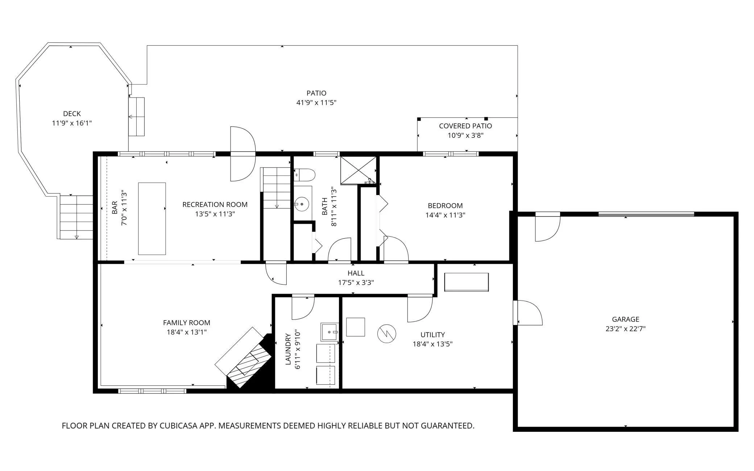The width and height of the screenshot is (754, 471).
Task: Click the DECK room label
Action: [x=72, y=114]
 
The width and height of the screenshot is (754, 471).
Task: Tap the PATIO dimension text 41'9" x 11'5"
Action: [x=316, y=103]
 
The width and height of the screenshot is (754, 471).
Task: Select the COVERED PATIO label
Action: [x=465, y=126]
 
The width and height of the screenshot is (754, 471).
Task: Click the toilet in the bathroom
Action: [x=304, y=175]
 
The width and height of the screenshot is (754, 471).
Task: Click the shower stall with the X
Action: [x=359, y=170]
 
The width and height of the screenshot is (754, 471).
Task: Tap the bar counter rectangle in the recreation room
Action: [x=152, y=219]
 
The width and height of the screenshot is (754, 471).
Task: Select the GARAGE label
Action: [x=626, y=319]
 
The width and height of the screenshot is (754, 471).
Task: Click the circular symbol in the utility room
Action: [x=387, y=334]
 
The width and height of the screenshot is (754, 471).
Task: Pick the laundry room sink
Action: [x=330, y=332]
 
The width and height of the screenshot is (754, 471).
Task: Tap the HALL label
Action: [x=356, y=273]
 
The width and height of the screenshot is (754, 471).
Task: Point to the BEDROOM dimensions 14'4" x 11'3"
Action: [x=445, y=215]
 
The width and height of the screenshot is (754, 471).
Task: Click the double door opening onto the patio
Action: [x=243, y=154]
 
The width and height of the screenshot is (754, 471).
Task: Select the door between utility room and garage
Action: [x=528, y=313]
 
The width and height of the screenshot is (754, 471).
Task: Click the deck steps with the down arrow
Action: [x=76, y=217]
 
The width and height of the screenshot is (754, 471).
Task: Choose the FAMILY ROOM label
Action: [x=187, y=323]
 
